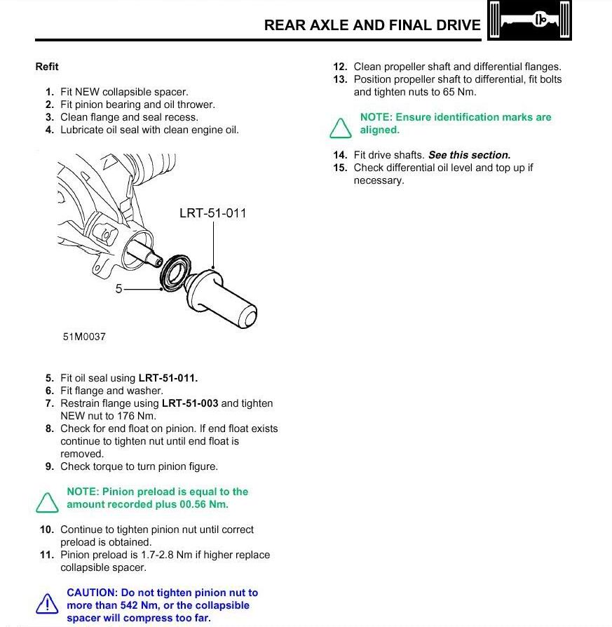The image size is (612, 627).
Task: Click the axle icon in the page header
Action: [530, 20]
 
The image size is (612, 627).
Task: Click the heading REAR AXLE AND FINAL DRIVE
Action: [372, 25]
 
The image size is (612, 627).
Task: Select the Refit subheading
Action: [47, 67]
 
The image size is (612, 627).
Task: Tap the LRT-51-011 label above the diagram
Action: [213, 213]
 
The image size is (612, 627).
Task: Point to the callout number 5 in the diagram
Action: [119, 288]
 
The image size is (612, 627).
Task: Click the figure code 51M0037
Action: [84, 337]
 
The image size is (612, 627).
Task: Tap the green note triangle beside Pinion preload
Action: [47, 501]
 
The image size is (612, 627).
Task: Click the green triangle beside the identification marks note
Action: [340, 127]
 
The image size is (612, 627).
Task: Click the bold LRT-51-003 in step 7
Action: [190, 403]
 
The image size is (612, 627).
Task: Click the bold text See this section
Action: [469, 155]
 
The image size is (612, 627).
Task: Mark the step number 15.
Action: [340, 168]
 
